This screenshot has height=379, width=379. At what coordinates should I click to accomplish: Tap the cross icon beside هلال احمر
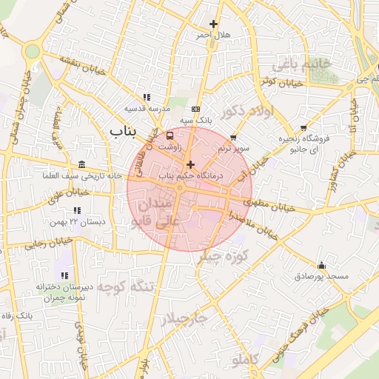[214, 24]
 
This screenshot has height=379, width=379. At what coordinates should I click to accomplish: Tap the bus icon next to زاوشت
[170, 136]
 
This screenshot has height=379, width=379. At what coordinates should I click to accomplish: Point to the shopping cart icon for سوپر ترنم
[234, 137]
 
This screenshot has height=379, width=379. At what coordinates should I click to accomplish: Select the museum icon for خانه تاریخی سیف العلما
[81, 164]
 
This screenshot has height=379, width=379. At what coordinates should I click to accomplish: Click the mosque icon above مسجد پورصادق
[321, 265]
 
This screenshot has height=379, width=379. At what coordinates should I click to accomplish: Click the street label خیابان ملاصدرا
[252, 224]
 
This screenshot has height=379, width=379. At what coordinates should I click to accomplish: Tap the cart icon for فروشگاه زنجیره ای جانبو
[303, 128]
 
